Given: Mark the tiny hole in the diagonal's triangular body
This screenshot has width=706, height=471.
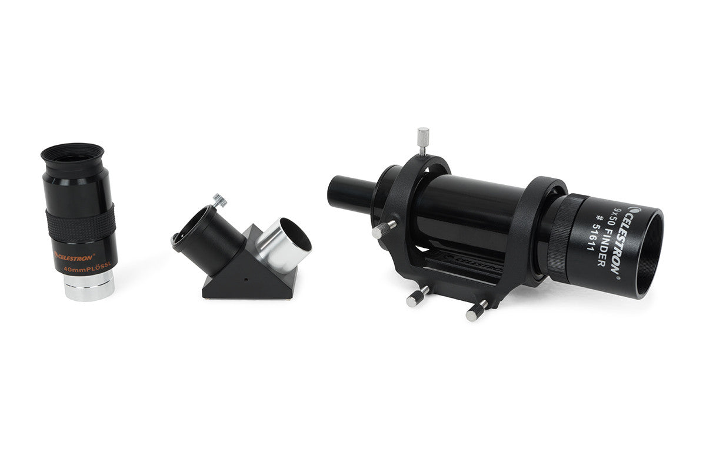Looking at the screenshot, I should coord(248,275).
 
